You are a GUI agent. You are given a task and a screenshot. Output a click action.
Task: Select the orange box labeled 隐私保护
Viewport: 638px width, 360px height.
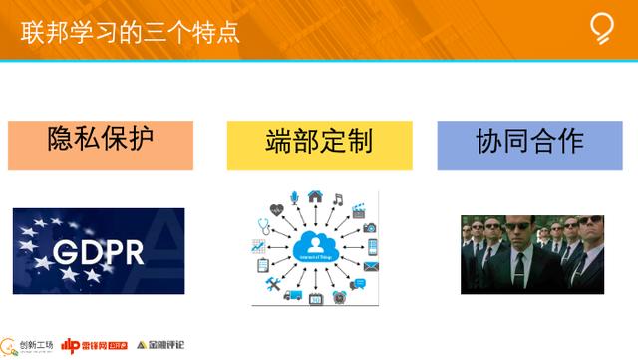100,144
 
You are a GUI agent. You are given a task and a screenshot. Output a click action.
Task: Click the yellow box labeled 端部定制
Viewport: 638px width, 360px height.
319,144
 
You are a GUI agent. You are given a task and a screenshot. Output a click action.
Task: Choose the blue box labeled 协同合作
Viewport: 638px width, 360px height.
529,144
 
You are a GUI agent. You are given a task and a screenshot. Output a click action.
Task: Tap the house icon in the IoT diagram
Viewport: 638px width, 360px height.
315,196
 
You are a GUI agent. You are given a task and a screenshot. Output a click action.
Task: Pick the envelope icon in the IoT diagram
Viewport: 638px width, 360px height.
372,267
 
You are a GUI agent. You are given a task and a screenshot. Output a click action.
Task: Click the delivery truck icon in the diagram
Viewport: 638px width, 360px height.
292,296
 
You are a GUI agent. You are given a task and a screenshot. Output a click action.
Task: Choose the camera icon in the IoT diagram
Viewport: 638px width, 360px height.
370,227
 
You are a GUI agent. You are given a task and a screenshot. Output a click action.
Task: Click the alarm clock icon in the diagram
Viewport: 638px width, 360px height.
339,296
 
